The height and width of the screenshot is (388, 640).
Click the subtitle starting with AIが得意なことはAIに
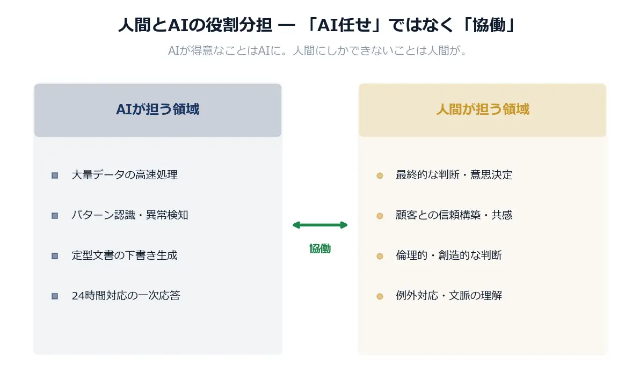[x=319, y=51]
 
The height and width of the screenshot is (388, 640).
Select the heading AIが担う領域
[x=157, y=109]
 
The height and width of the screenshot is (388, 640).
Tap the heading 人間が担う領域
[x=482, y=109]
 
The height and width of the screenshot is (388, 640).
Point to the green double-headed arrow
[x=320, y=225]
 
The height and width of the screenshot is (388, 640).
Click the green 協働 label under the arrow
[x=320, y=248]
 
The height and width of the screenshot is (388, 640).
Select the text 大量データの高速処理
[x=125, y=175]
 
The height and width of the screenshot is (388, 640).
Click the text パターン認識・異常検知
[x=129, y=215]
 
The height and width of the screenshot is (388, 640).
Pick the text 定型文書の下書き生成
[x=125, y=255]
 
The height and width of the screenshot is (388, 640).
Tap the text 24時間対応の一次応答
[x=126, y=296]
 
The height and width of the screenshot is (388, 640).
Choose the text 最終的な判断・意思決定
[x=454, y=175]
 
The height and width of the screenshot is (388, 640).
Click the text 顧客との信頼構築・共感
[x=454, y=215]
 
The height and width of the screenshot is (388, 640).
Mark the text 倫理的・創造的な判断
[x=448, y=255]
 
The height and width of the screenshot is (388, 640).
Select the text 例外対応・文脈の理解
[x=448, y=296]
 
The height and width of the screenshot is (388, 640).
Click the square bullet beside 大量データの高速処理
[x=55, y=175]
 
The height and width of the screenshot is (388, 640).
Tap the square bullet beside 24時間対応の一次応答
[x=55, y=296]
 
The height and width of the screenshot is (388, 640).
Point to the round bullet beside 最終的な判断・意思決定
[x=380, y=175]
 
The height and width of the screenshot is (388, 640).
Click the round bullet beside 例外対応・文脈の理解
[x=380, y=296]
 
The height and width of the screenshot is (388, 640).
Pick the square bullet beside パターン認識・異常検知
[x=55, y=216]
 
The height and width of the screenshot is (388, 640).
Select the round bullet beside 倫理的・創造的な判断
[x=380, y=256]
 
